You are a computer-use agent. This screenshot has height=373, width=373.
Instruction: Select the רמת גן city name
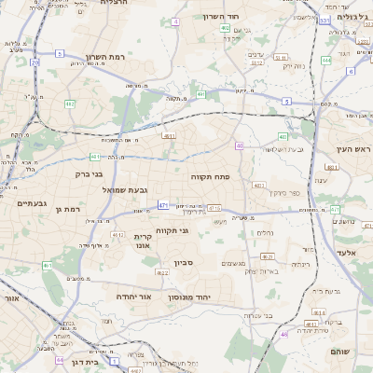click(69, 210)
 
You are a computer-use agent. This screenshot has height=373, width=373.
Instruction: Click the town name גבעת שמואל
click(136, 191)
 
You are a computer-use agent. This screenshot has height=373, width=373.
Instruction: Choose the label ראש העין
click(354, 149)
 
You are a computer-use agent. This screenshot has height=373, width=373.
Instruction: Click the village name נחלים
click(265, 232)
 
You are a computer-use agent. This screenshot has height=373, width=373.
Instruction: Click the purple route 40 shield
click(240, 145)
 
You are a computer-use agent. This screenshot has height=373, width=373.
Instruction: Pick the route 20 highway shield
click(35, 62)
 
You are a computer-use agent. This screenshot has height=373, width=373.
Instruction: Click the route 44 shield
click(60, 359)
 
